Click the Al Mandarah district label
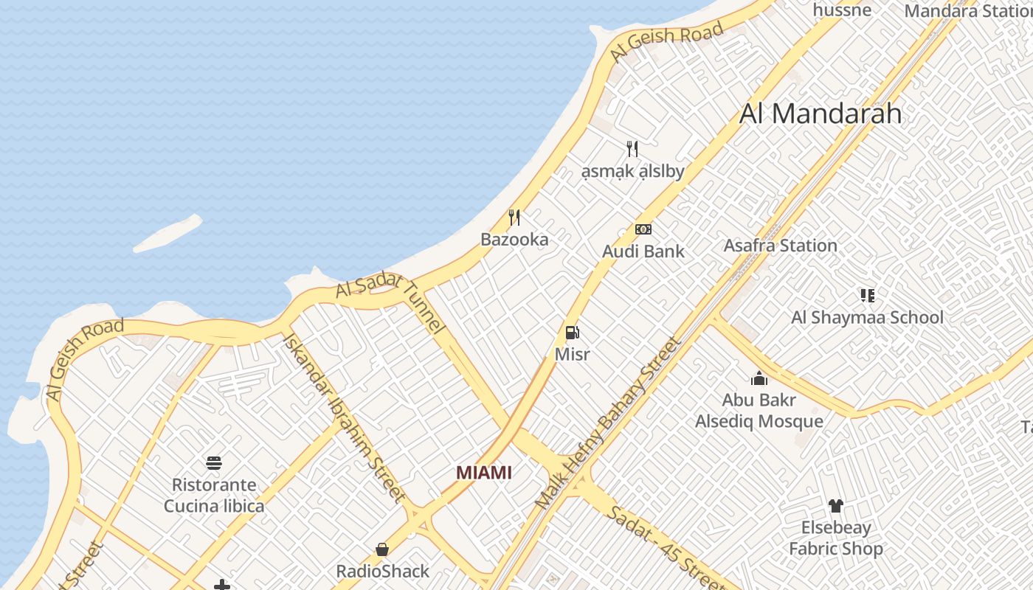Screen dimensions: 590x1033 point(820,114)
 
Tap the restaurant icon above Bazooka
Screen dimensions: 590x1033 point(514,218)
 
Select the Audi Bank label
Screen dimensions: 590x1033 point(643,251)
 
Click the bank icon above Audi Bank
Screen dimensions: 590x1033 point(643,229)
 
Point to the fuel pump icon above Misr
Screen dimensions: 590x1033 point(572,333)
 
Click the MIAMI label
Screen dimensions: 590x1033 point(483,473)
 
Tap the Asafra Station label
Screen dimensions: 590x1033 point(780,246)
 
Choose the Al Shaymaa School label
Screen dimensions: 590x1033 point(867,318)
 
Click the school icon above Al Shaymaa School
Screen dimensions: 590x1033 point(868,296)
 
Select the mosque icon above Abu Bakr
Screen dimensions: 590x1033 point(759,379)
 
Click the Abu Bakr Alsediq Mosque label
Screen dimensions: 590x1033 point(759,411)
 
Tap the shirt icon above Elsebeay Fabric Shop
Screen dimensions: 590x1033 point(835,506)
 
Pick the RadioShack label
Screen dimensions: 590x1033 point(382,572)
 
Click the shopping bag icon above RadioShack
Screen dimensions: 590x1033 point(382,549)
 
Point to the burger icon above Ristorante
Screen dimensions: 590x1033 point(214,463)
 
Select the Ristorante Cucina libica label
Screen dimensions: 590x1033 point(214,496)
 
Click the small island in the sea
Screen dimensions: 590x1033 point(167,233)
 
